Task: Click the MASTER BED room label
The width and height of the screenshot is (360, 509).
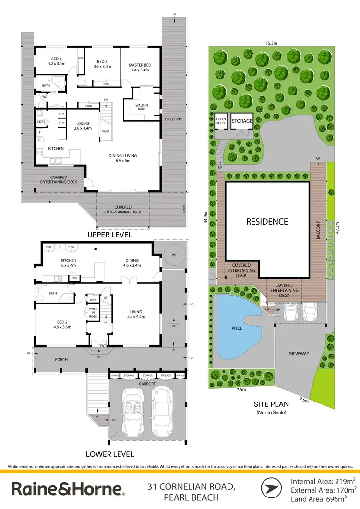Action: [140, 67]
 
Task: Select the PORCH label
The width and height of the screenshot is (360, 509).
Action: [61, 359]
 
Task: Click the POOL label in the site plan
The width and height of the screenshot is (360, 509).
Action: [237, 329]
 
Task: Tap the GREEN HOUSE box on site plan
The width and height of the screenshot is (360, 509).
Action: [221, 121]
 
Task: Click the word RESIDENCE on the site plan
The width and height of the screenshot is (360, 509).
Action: [267, 222]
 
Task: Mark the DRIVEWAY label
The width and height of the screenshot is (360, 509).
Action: [299, 354]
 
